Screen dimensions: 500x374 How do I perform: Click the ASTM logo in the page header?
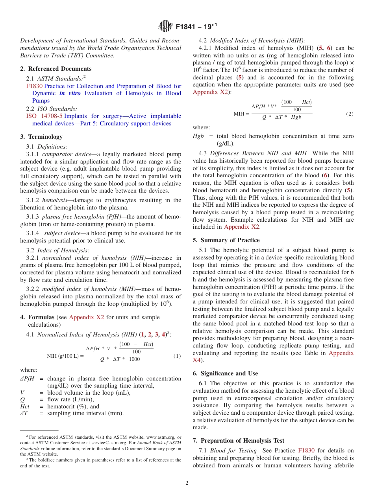pyautogui.click(x=165, y=27)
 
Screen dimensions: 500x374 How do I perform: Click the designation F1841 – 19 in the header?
pyautogui.click(x=196, y=27)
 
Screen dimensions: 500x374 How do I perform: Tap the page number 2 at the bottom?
pyautogui.click(x=187, y=483)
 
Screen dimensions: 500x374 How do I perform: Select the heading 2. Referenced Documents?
pyautogui.click(x=56, y=69)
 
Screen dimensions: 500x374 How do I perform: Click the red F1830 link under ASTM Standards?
pyautogui.click(x=34, y=86)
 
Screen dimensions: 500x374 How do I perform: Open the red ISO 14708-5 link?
pyautogui.click(x=44, y=116)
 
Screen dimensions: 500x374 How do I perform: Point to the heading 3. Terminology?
pyautogui.click(x=41, y=137)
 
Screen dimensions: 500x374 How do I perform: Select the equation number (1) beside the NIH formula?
pyautogui.click(x=177, y=356)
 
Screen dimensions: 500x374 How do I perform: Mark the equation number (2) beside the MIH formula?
pyautogui.click(x=350, y=114)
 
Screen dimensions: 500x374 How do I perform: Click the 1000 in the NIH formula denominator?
pyautogui.click(x=134, y=359)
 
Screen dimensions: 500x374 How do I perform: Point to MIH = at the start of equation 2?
pyautogui.click(x=241, y=114)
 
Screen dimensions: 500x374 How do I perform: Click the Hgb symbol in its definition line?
pyautogui.click(x=198, y=136)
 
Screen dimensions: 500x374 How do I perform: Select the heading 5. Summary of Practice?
pyautogui.click(x=226, y=240)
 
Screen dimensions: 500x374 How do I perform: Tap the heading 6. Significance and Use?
pyautogui.click(x=225, y=373)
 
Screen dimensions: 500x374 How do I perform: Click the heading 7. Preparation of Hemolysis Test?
pyautogui.click(x=238, y=441)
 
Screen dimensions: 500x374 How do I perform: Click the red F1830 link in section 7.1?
pyautogui.click(x=306, y=450)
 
